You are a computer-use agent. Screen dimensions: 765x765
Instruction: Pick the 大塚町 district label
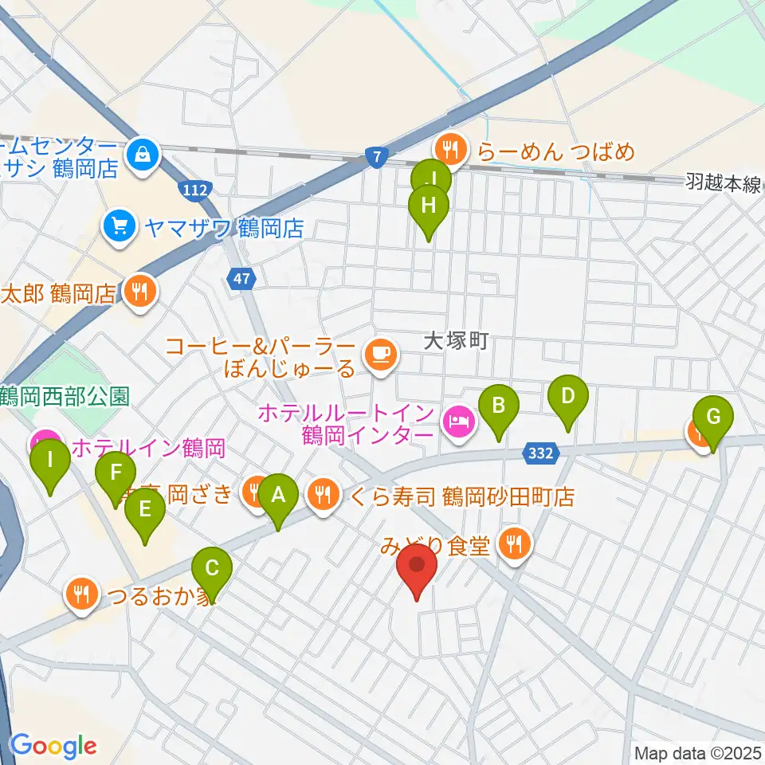pos(454,342)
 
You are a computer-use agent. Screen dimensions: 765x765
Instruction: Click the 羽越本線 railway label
pos(722,184)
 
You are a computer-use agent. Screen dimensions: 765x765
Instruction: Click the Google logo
pos(53,746)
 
